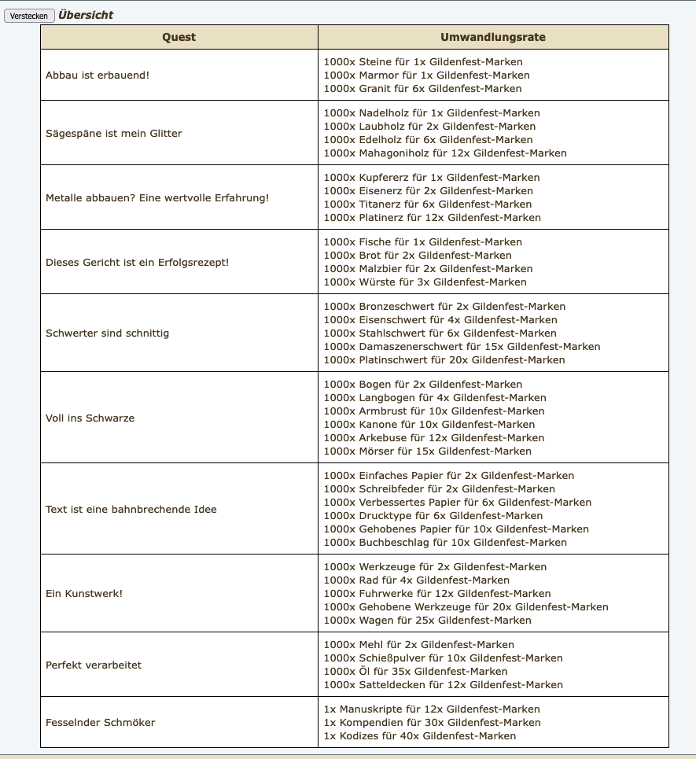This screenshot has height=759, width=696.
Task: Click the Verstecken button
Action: [x=29, y=16]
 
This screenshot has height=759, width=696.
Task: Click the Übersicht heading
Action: [x=86, y=15]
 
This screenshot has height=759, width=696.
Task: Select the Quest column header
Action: [x=179, y=37]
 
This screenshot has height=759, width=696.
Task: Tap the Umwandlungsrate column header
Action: [x=493, y=37]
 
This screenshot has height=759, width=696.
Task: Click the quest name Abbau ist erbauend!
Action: [x=98, y=75]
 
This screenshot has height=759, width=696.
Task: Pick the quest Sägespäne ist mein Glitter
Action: [x=114, y=133]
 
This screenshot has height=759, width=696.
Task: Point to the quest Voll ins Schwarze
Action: [x=90, y=418]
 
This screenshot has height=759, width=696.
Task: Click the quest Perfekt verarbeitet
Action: [x=94, y=665]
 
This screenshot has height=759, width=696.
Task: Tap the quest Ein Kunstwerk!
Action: [x=84, y=593]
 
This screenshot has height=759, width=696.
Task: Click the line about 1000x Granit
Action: [x=423, y=89]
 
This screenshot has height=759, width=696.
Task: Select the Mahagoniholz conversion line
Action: [x=445, y=153]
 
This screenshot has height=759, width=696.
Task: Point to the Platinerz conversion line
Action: [x=433, y=217]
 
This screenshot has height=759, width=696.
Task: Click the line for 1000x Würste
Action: [x=425, y=282]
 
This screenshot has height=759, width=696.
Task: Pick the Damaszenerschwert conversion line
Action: [x=462, y=346]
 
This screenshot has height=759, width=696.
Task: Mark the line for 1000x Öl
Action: [x=416, y=671]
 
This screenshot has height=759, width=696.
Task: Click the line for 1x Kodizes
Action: [x=420, y=735]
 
